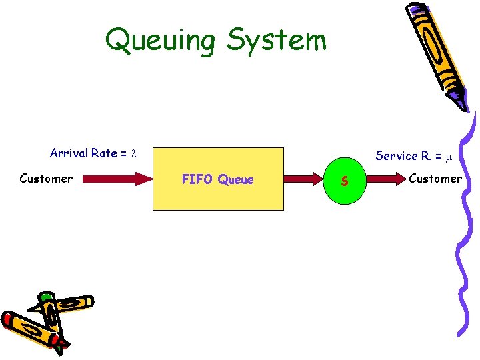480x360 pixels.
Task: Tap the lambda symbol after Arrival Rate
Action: [133, 154]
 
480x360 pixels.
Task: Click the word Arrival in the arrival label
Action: [69, 153]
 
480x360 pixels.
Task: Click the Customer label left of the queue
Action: [46, 178]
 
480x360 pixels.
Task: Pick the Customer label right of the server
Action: [435, 178]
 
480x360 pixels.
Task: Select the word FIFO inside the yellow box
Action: [197, 179]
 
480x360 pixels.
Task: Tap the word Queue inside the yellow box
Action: [236, 179]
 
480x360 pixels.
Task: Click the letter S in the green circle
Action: [344, 181]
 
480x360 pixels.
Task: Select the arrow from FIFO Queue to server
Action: [306, 179]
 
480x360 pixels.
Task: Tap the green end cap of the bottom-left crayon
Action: [45, 297]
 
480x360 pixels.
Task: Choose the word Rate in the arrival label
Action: [105, 153]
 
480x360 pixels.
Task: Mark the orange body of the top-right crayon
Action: [437, 53]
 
